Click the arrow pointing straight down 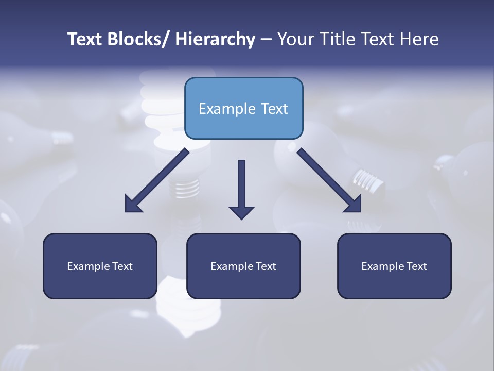(241, 185)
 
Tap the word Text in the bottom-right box (417, 266)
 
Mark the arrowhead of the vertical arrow (241, 212)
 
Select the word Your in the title (293, 39)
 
